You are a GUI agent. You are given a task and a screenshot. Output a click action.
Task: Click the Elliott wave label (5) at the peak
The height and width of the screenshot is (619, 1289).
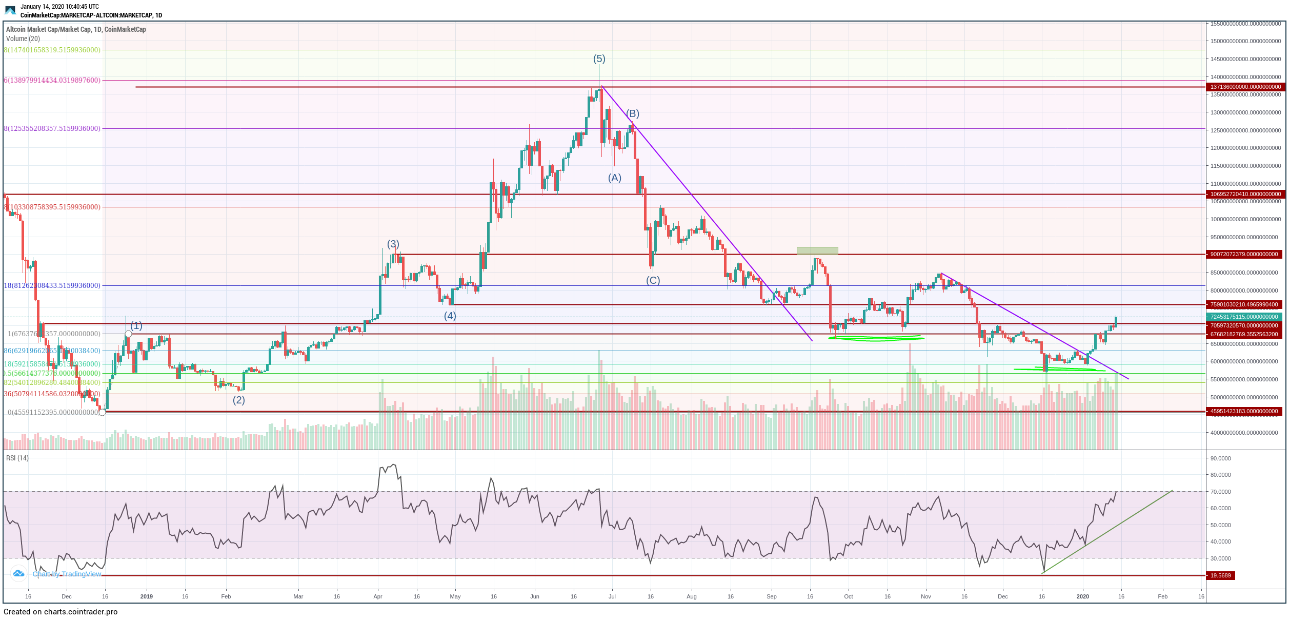(x=599, y=59)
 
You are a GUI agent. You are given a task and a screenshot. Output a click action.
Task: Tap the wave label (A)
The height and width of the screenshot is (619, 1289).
(x=614, y=178)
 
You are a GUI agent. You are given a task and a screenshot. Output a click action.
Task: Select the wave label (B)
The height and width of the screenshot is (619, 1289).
(x=632, y=113)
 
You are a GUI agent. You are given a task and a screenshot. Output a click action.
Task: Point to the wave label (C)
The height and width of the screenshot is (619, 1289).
(x=653, y=280)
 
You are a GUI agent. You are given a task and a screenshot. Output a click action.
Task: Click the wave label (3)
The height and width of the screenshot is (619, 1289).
(x=393, y=244)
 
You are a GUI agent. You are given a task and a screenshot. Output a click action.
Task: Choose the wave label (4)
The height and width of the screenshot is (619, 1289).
(x=450, y=316)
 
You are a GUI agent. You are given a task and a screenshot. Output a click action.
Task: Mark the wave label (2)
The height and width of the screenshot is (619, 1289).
(x=238, y=400)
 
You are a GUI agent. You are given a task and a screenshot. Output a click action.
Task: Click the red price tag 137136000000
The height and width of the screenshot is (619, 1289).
(x=1245, y=87)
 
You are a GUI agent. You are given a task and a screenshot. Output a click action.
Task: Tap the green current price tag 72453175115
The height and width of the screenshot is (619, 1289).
(x=1245, y=317)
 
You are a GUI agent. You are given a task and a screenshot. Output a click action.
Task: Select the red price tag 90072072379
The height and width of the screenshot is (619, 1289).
(x=1245, y=254)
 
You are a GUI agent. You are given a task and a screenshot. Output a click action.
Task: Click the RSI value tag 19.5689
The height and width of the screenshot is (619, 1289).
(x=1220, y=575)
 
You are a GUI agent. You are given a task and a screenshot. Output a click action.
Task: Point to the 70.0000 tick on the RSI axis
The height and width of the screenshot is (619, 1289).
(x=1220, y=492)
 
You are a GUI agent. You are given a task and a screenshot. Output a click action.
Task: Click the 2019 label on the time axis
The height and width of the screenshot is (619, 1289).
(x=147, y=596)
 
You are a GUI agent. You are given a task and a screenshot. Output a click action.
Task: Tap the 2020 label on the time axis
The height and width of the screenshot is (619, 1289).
(x=1082, y=596)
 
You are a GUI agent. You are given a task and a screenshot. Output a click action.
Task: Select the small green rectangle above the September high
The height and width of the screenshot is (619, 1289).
(x=817, y=250)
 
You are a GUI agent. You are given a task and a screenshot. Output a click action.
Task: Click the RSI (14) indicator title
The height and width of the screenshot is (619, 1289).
(x=17, y=458)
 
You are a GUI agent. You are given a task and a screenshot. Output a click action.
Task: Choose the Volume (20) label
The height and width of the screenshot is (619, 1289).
(x=23, y=38)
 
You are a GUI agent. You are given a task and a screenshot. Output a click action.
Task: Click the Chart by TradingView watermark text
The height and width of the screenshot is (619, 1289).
(x=67, y=574)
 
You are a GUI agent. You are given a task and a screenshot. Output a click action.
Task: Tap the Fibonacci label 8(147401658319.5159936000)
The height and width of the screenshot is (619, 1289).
(x=52, y=50)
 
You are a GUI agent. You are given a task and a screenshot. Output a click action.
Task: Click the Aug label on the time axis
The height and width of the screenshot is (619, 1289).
(x=691, y=596)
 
